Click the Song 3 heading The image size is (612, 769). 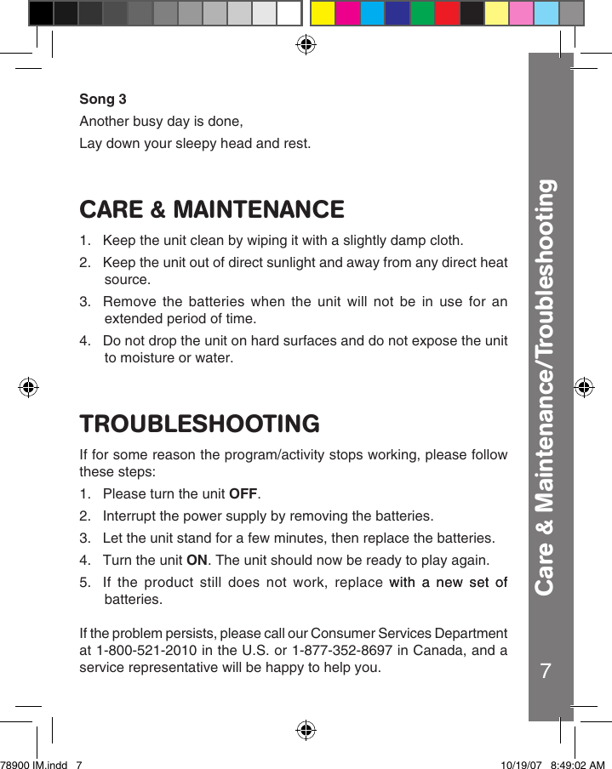click(103, 100)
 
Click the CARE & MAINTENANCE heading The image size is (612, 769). click(212, 209)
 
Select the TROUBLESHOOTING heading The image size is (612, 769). click(200, 424)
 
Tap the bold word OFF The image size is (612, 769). click(243, 494)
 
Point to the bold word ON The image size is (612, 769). click(197, 561)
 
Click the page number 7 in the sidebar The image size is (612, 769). click(546, 671)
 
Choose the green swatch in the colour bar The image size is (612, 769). click(422, 14)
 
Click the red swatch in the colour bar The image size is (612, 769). click(447, 14)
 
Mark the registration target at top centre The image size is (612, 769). click(306, 44)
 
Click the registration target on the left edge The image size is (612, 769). click(29, 387)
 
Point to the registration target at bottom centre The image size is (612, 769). click(306, 730)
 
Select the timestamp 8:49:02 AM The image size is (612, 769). click(578, 764)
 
